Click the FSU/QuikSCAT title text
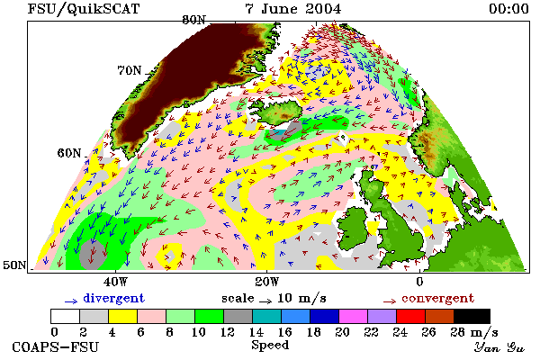point(84,9)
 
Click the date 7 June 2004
point(293,9)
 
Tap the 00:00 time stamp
point(508,9)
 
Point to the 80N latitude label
point(193,21)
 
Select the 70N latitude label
point(130,70)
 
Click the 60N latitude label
point(69,153)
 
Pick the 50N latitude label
point(14,265)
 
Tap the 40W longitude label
point(115,282)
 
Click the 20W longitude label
point(267,282)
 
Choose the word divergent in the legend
point(114,298)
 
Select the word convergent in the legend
point(437,298)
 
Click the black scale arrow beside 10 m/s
point(265,301)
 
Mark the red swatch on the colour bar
point(410,316)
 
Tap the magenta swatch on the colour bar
point(353,316)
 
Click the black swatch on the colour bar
point(472,316)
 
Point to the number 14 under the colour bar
point(256,332)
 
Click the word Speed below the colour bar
point(270,346)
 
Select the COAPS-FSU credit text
point(56,346)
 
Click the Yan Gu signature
point(499,347)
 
